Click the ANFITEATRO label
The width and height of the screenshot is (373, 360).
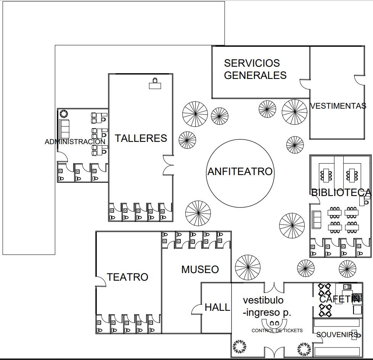pos(240,172)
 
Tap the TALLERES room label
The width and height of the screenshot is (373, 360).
pos(141,138)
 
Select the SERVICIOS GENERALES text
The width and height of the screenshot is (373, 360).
pos(255,69)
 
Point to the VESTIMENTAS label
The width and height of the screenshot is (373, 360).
pos(338,106)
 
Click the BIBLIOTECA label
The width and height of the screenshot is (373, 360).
pos(341,193)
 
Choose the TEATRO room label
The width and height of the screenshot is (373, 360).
pos(127,277)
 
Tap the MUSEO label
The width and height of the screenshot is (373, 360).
pos(200,270)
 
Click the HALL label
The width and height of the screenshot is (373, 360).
pos(217,307)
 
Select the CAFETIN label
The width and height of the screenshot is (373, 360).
pos(339,299)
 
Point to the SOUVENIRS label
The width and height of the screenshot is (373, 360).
pos(337,335)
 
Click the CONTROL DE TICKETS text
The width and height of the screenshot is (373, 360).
pos(277,331)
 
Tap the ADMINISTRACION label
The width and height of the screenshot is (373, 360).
pos(75,142)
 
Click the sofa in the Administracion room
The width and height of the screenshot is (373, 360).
pos(64,129)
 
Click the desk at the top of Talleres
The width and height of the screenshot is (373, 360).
pos(155,84)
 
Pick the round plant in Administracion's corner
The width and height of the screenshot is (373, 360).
pos(64,113)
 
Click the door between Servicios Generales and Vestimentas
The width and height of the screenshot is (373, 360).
pos(305,84)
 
